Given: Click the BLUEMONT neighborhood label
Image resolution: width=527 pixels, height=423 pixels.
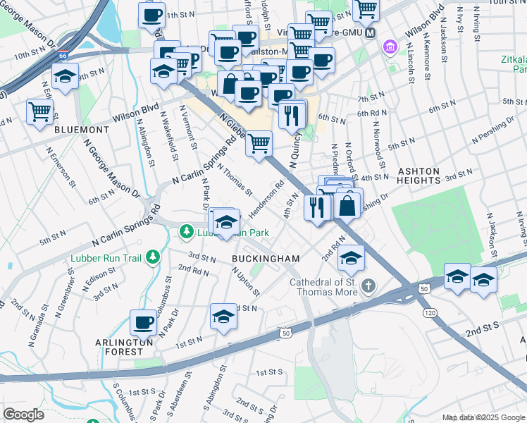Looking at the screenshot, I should [x=81, y=130].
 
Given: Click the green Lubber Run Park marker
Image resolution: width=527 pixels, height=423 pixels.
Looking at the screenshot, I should [x=187, y=231].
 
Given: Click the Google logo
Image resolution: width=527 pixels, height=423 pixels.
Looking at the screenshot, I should [x=24, y=415].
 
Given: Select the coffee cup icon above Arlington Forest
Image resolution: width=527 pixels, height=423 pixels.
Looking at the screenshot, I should [x=144, y=323].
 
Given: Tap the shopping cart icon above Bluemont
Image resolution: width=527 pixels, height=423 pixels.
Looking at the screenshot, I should [x=39, y=111].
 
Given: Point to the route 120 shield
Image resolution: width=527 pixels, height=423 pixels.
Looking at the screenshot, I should [x=427, y=311].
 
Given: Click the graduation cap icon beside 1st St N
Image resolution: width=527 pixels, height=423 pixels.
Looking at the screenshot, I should [x=223, y=317].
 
